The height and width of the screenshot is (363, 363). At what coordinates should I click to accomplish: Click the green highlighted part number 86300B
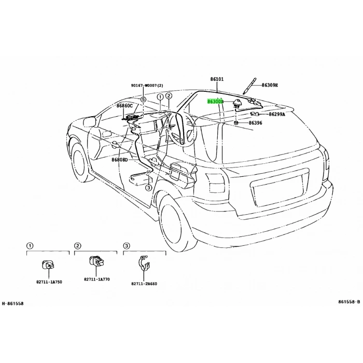[x=215, y=102]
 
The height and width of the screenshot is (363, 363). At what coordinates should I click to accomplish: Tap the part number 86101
[x=217, y=79]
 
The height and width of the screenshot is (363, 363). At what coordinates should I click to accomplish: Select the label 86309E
[x=270, y=85]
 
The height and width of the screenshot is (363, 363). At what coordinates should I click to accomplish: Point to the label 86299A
[x=275, y=115]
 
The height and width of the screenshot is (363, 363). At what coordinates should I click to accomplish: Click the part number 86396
[x=255, y=123]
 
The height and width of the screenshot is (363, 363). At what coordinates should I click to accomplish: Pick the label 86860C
[x=124, y=106]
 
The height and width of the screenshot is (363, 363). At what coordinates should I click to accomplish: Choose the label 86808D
[x=119, y=160]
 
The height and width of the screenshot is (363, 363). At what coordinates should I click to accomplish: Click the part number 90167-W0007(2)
[x=147, y=86]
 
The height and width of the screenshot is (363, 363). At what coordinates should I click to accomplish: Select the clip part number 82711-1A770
[x=97, y=280]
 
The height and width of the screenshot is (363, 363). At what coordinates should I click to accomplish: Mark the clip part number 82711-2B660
[x=144, y=284]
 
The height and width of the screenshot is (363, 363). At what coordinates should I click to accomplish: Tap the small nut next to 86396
[x=236, y=123]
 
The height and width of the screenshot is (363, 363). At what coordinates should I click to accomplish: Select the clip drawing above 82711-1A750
[x=47, y=266]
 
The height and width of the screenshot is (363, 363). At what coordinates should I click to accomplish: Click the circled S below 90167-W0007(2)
[x=144, y=98]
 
